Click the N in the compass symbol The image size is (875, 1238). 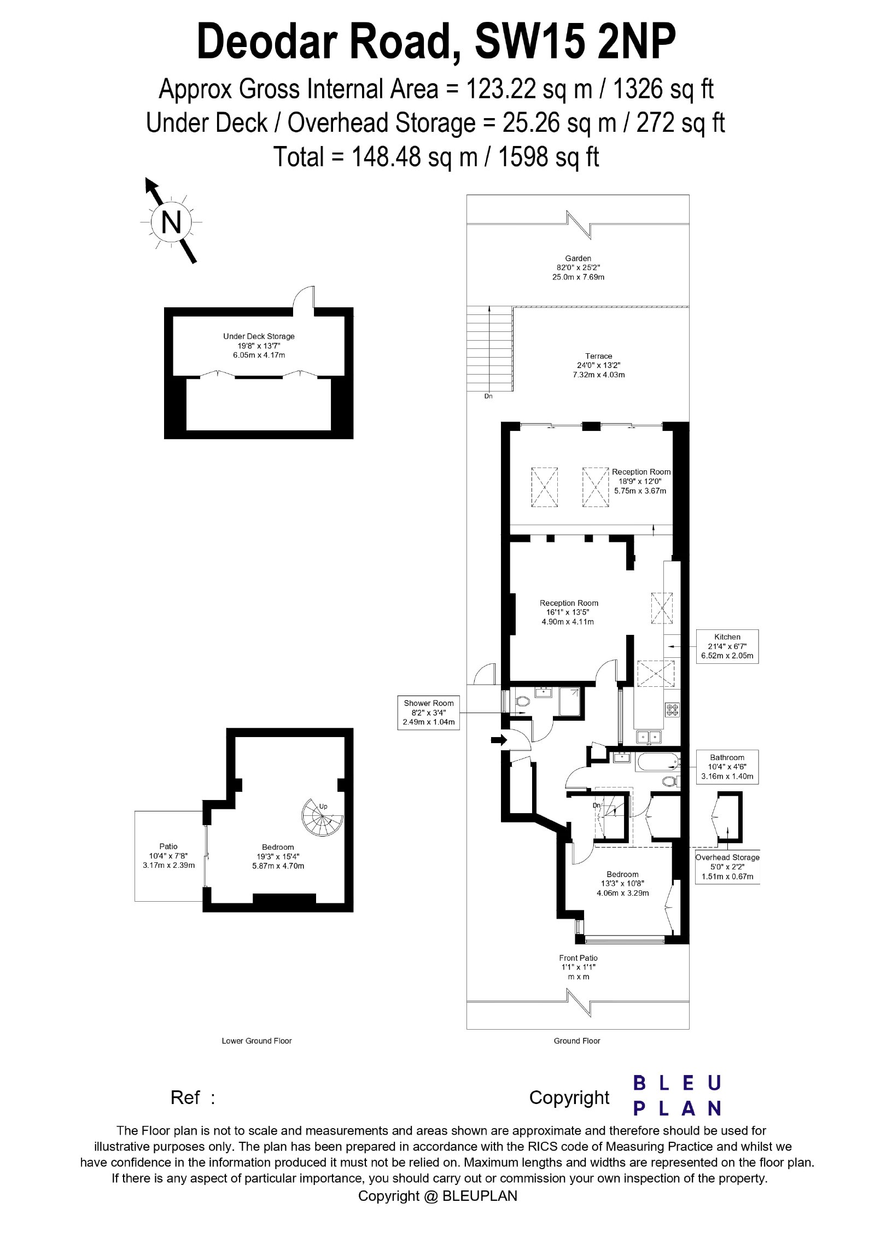point(171,223)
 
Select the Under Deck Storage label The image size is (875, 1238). point(259,346)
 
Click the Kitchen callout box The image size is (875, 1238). point(727,646)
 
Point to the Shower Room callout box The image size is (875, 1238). point(429,713)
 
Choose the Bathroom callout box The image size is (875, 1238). point(727,767)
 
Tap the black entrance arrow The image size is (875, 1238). point(499,740)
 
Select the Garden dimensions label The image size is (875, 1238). point(578,267)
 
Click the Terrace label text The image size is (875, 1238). point(599,356)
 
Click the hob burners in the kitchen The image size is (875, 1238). point(672,709)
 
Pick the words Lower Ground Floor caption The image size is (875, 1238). point(256,1041)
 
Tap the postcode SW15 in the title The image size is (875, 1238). point(532,40)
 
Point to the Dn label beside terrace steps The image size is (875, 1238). point(488,396)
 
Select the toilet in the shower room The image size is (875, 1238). point(521,702)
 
